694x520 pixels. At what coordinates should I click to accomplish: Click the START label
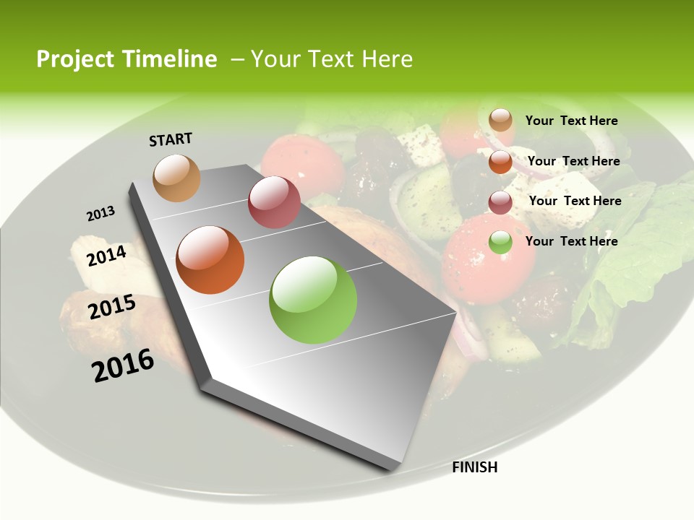pos(171,139)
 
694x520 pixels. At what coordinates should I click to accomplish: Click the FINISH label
pos(475,467)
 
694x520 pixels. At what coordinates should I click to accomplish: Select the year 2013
pos(100,214)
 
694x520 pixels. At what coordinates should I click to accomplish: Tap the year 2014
pos(107,256)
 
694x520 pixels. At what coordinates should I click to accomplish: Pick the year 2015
pos(112,307)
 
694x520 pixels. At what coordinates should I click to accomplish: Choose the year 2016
pos(123,365)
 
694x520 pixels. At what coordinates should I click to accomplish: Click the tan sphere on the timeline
pos(177,178)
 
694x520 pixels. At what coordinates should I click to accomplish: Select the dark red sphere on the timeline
pos(274,202)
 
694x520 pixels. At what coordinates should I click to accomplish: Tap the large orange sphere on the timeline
pos(210,260)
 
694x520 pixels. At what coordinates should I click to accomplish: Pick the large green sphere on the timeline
pos(313,300)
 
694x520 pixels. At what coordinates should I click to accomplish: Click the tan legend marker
pos(500,120)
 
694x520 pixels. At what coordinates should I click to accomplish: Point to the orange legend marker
pos(500,162)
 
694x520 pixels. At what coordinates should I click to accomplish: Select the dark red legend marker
pos(500,202)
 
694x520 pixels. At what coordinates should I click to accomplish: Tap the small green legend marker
pos(500,242)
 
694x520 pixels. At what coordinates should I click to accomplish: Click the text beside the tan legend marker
pos(571,121)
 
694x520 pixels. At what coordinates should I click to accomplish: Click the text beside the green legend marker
pos(571,241)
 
